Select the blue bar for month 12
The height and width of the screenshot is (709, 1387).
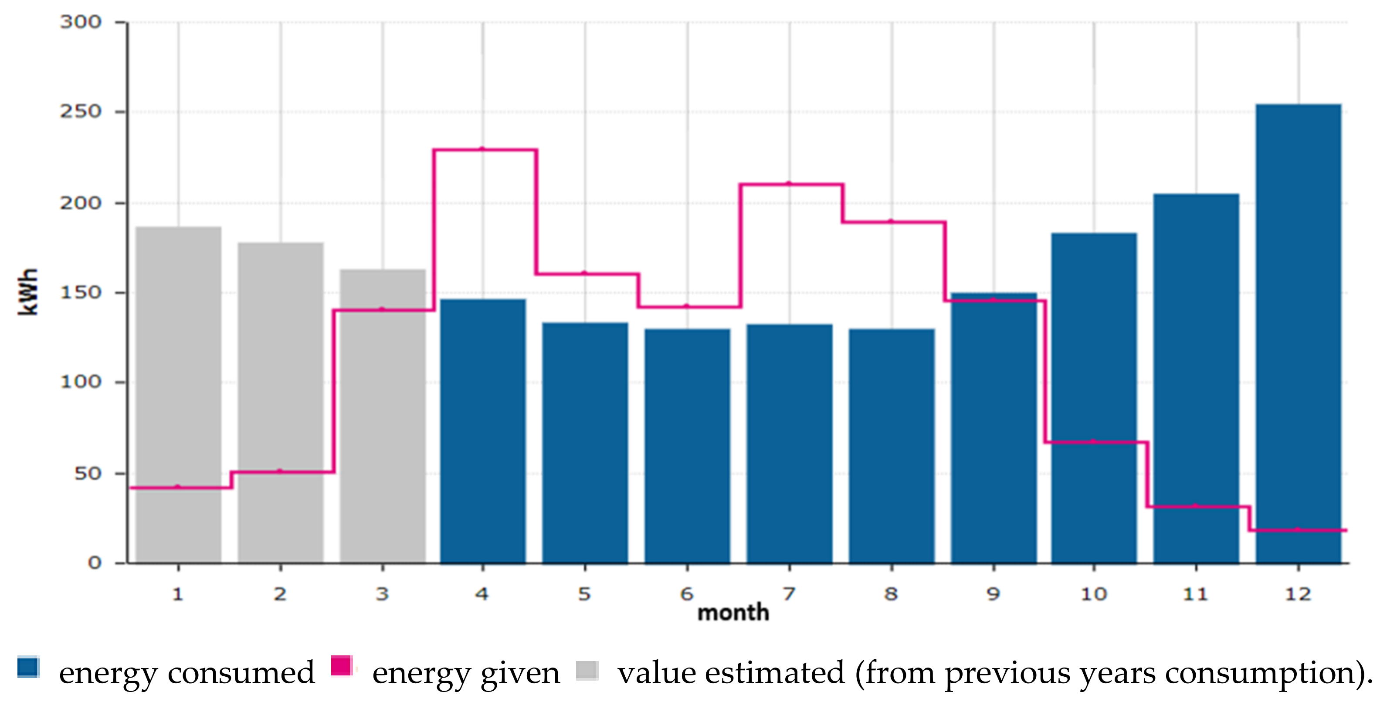(x=1298, y=334)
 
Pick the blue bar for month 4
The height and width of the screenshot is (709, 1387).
(x=483, y=431)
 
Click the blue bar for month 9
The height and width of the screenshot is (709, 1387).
(x=994, y=431)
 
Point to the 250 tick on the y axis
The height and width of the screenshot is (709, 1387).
(x=81, y=112)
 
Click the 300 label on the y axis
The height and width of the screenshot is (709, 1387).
(x=81, y=22)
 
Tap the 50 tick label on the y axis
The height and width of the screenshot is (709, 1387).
(x=88, y=474)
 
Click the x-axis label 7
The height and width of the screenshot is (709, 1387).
(x=789, y=594)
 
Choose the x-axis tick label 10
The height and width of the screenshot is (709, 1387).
(x=1094, y=594)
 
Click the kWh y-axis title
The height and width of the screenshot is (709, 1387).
(x=28, y=291)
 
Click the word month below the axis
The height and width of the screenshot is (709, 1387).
(x=733, y=613)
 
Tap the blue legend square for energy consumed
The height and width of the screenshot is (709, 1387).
(x=28, y=667)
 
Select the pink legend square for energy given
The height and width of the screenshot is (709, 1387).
(x=341, y=666)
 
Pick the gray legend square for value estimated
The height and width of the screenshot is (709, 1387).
(x=587, y=670)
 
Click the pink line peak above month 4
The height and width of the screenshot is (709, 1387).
(x=483, y=150)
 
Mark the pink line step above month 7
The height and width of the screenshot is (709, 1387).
(x=789, y=184)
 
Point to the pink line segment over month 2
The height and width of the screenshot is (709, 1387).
(x=281, y=472)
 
